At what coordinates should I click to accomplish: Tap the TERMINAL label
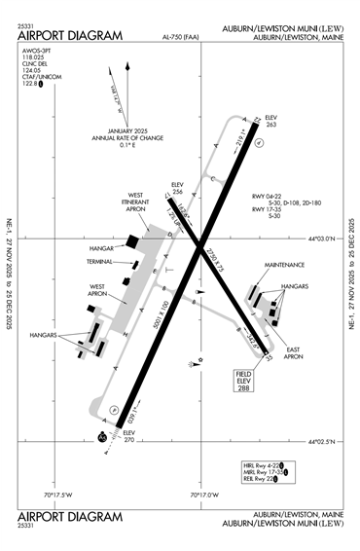(x=100, y=262)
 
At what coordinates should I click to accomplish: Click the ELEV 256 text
(x=177, y=189)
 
